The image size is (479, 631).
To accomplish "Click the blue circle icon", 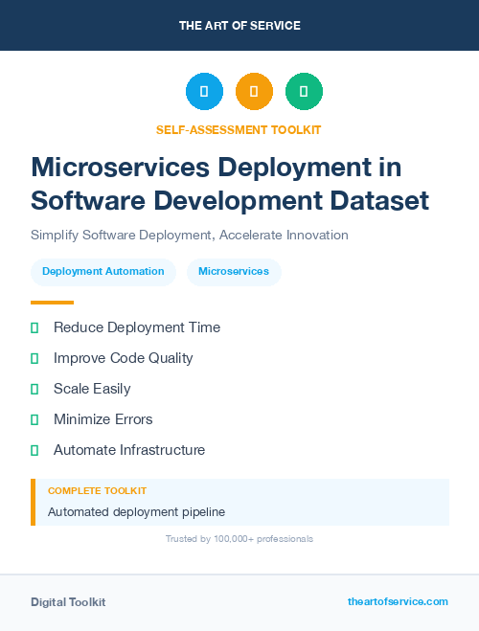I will point(204,92).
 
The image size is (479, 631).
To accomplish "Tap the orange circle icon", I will point(254,92).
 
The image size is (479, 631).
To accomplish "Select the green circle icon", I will point(304,92).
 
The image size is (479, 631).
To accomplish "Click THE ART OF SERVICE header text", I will point(239,26).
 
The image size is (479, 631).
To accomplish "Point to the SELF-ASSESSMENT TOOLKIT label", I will point(239,129).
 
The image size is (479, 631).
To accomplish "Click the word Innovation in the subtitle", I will point(313,235).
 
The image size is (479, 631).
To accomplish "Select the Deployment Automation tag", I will point(103,272).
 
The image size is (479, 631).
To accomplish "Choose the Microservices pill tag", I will point(234,272).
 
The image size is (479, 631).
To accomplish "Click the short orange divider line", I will point(52,302).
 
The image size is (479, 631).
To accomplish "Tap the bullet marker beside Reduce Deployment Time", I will point(34,327).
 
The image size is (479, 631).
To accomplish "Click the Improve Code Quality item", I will point(123,358).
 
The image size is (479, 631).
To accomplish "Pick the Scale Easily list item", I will point(92,389).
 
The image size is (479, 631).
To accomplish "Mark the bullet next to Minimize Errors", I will point(34,419).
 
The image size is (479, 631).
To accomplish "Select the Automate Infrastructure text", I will point(129,450).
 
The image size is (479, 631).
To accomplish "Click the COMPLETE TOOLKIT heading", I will point(97,490).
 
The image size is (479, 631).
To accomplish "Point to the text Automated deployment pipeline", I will point(136,512).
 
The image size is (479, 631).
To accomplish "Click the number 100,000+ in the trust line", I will point(228,539).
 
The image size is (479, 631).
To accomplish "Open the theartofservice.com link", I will point(398,601).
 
